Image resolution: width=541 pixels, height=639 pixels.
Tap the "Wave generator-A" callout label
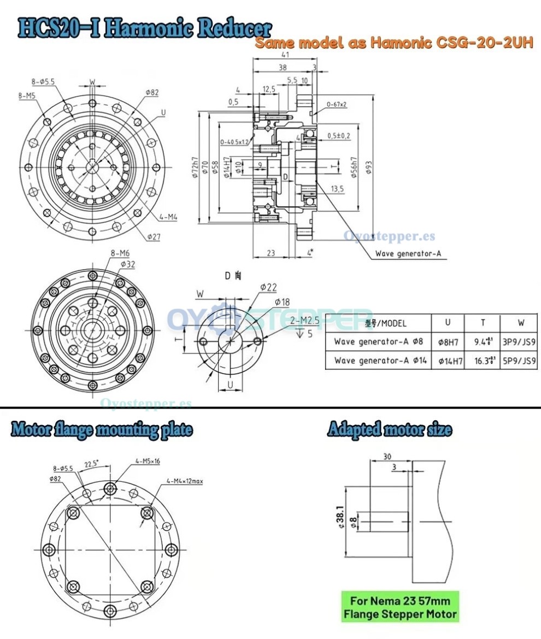pyautogui.click(x=408, y=254)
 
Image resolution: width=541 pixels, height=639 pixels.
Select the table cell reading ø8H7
pyautogui.click(x=448, y=342)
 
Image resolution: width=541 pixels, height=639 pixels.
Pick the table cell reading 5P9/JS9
pyautogui.click(x=519, y=361)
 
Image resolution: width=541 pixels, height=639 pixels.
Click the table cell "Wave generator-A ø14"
pyautogui.click(x=378, y=361)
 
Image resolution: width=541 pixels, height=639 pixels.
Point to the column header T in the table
pyautogui.click(x=483, y=323)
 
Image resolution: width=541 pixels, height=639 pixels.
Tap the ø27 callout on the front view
pyautogui.click(x=153, y=236)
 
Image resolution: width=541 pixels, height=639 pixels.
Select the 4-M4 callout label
pyautogui.click(x=168, y=217)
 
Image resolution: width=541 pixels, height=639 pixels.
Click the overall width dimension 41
pyautogui.click(x=284, y=55)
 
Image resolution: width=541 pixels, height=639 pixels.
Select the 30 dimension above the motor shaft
pyautogui.click(x=387, y=456)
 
